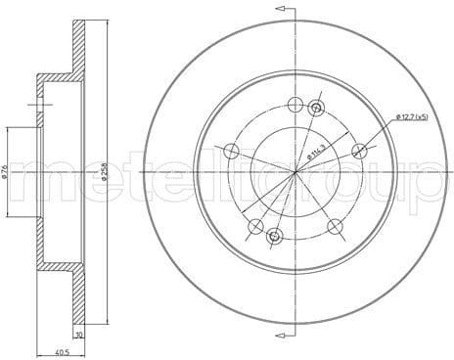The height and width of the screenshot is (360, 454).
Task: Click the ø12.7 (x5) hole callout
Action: coord(412,118)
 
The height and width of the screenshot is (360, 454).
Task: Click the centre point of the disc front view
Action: coord(296,172)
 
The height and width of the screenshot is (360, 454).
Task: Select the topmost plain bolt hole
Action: coord(296,105)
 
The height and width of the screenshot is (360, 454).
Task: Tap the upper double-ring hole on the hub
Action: coord(316,109)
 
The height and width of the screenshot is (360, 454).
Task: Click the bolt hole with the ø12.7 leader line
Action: coord(360,151)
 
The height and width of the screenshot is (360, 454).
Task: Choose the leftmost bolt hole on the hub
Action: coord(232,151)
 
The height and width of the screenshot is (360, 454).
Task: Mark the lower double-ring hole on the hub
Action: coord(275,236)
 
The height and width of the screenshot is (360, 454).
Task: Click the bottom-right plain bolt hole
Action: coord(335,227)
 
